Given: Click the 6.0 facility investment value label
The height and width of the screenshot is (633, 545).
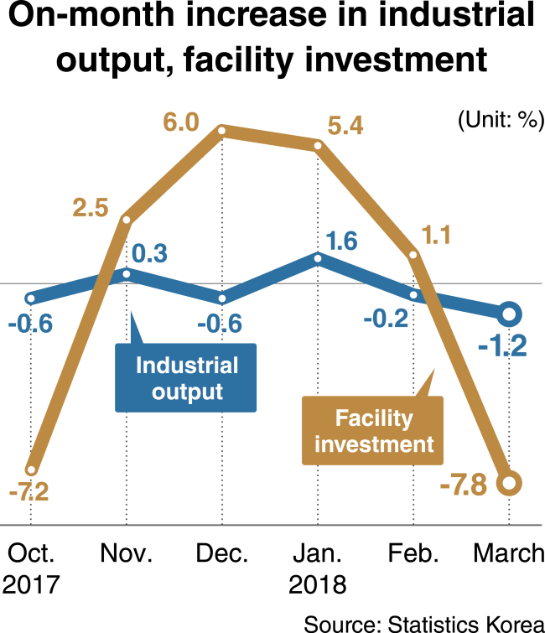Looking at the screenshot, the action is [x=181, y=122].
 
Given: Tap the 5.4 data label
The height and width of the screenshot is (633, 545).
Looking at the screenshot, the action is [x=345, y=125].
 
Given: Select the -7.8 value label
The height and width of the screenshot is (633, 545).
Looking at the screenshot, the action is [x=464, y=485].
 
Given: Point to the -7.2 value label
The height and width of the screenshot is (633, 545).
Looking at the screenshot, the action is [x=29, y=491].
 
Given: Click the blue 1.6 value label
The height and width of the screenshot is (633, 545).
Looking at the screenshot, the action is [x=341, y=241].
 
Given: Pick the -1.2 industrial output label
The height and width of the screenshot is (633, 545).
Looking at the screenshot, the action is [x=502, y=346].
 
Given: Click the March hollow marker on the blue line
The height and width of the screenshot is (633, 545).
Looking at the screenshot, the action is [x=509, y=314].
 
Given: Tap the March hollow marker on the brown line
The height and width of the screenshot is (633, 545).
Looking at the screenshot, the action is [x=509, y=482].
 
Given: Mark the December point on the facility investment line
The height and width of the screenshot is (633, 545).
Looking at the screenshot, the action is [x=221, y=131].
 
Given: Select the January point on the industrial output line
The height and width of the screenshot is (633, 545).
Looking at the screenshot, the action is [x=318, y=258].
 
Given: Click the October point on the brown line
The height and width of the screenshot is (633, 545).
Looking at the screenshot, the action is [x=31, y=470].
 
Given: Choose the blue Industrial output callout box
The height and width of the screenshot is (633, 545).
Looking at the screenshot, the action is [x=185, y=377].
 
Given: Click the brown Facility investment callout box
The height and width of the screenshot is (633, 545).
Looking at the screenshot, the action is [x=372, y=430].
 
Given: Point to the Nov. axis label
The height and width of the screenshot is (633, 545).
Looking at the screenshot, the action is [x=127, y=553].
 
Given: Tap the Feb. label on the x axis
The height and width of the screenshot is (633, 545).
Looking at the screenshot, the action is [x=413, y=553].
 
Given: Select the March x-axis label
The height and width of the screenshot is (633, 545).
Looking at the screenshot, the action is [x=509, y=553].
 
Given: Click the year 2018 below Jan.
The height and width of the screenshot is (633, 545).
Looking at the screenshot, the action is [x=318, y=584].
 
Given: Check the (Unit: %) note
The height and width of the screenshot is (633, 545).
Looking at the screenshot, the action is [x=501, y=120].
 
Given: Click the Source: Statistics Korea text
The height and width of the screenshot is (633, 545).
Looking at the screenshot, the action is [x=424, y=624].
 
